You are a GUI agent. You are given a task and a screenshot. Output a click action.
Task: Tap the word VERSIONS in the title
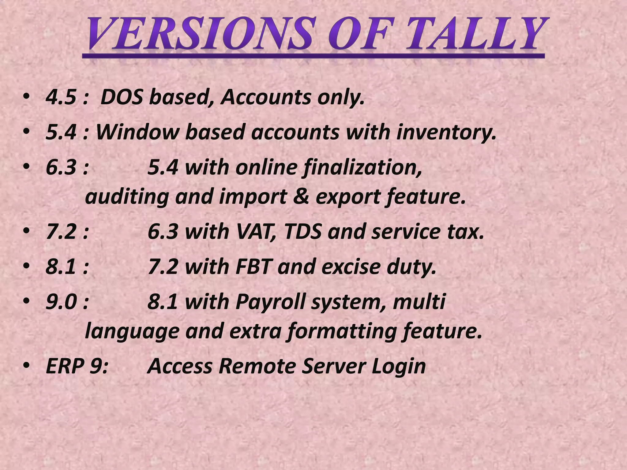click(x=199, y=34)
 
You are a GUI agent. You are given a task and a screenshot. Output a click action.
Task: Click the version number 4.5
click(x=61, y=97)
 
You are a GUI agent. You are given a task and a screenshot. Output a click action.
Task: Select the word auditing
click(x=127, y=197)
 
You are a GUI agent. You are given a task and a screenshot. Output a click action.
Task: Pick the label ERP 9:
click(x=76, y=366)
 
